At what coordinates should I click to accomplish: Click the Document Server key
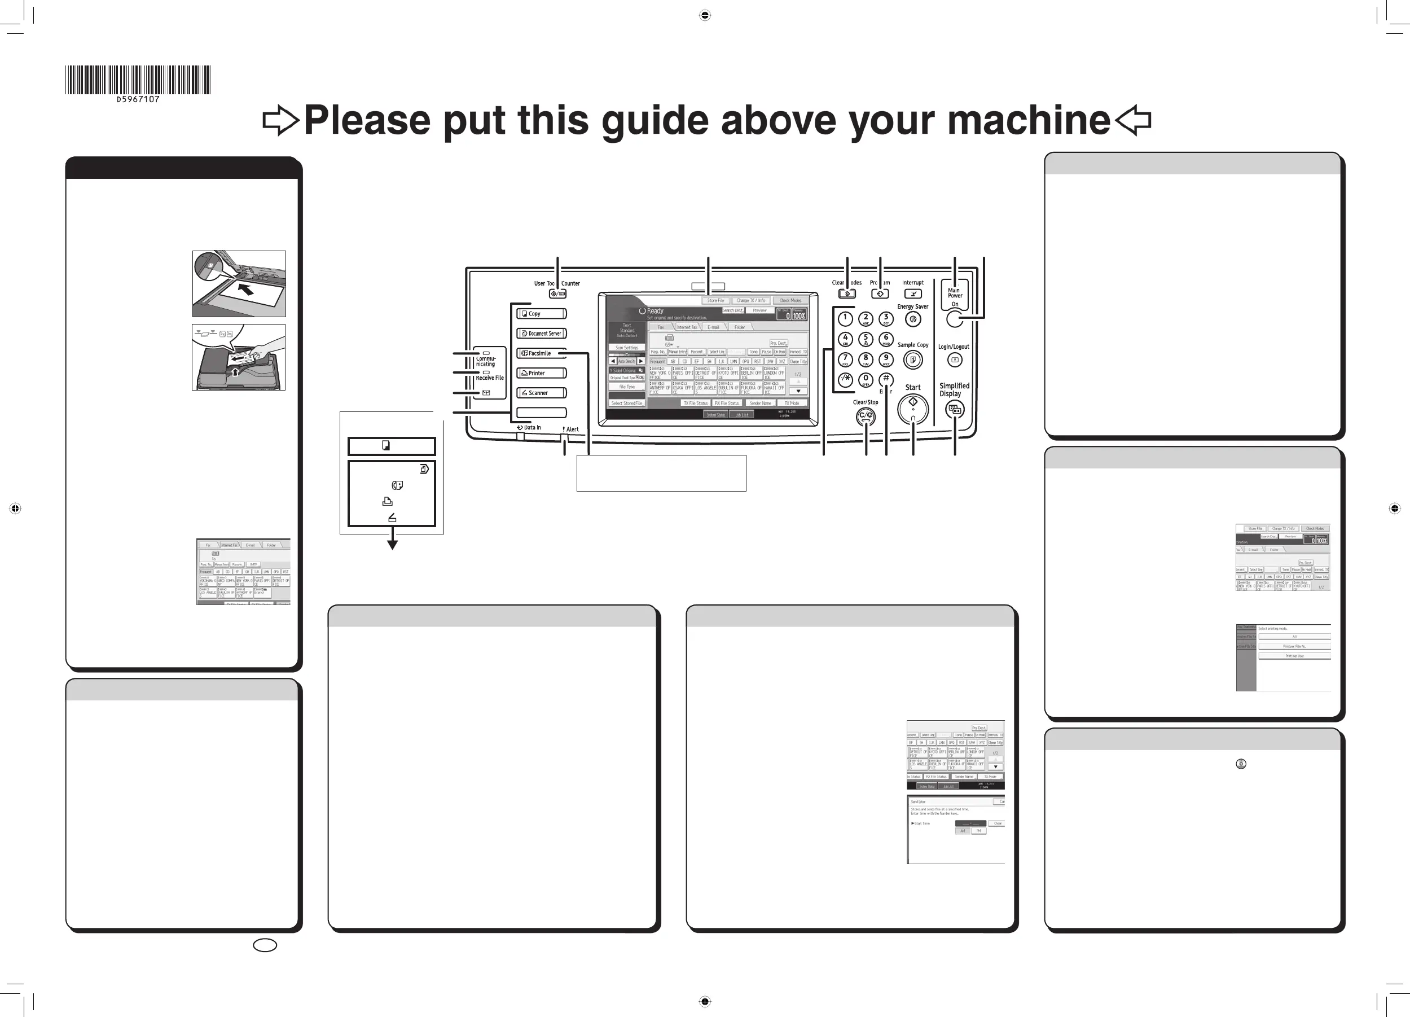point(542,334)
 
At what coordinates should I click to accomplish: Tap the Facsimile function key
point(542,353)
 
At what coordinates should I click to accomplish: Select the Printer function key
point(542,373)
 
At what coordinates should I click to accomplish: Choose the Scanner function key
point(542,393)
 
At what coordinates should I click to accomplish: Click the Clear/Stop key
point(866,416)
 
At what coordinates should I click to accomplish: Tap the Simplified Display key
point(954,410)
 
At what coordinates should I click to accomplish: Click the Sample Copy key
point(913,360)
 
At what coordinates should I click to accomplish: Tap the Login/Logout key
point(954,360)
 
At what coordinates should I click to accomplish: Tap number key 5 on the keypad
point(866,340)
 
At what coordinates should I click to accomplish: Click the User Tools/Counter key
point(557,293)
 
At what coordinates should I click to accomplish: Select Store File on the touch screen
point(715,300)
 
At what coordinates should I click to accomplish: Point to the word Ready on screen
point(655,310)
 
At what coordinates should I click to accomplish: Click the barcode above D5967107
point(138,80)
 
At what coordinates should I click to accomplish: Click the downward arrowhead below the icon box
point(392,544)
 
